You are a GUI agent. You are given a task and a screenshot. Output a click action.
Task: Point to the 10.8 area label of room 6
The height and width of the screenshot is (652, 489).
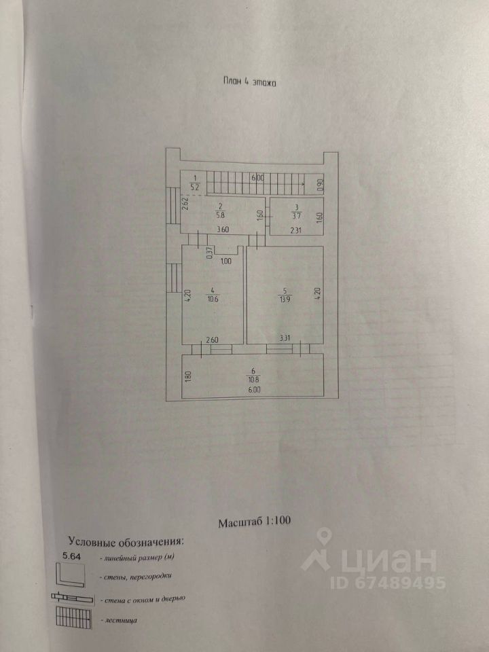point(253,381)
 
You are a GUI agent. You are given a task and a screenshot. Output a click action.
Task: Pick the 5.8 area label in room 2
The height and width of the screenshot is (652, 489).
point(221,215)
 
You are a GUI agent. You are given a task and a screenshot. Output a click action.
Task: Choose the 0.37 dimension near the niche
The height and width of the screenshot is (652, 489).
point(209,252)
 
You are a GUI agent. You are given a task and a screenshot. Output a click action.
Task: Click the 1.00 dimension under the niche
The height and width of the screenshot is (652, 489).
point(226,261)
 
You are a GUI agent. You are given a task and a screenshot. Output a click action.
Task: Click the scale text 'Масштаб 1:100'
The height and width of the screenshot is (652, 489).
point(254,523)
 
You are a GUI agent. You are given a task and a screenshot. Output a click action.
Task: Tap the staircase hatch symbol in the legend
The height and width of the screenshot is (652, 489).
point(73,619)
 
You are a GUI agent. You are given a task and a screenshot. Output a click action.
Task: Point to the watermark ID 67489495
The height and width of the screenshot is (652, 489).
point(388,583)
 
